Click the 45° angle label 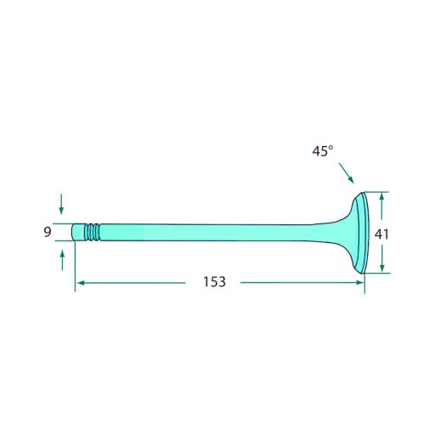pyautogui.click(x=323, y=151)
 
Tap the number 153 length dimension pyautogui.click(x=214, y=282)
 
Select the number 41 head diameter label pyautogui.click(x=381, y=234)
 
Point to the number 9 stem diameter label pyautogui.click(x=48, y=232)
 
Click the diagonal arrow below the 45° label pyautogui.click(x=347, y=173)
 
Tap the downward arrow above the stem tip pyautogui.click(x=61, y=204)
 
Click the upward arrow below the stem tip pyautogui.click(x=62, y=260)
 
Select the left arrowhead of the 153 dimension pyautogui.click(x=82, y=283)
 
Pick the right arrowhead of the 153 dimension pyautogui.click(x=359, y=282)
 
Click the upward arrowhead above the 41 pyautogui.click(x=381, y=196)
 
